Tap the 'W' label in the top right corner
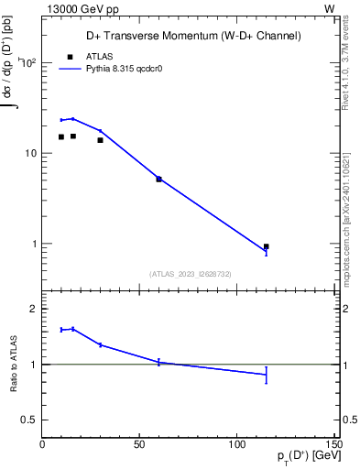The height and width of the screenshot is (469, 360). coord(329,8)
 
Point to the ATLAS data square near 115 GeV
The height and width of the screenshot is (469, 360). coord(266,246)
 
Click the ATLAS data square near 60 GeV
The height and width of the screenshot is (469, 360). coord(158,180)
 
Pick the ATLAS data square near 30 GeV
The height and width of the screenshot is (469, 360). coord(100,140)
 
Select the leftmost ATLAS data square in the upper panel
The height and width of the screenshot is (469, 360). coord(61,137)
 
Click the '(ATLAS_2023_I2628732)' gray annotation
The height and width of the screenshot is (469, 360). coord(190,273)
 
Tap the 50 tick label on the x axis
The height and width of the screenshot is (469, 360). coord(139,445)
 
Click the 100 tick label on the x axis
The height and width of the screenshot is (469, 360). coord(237,445)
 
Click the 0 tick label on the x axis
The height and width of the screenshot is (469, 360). coord(42,445)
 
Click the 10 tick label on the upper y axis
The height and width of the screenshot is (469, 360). coord(29,154)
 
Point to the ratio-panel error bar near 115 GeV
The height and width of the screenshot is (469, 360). coord(266,375)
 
